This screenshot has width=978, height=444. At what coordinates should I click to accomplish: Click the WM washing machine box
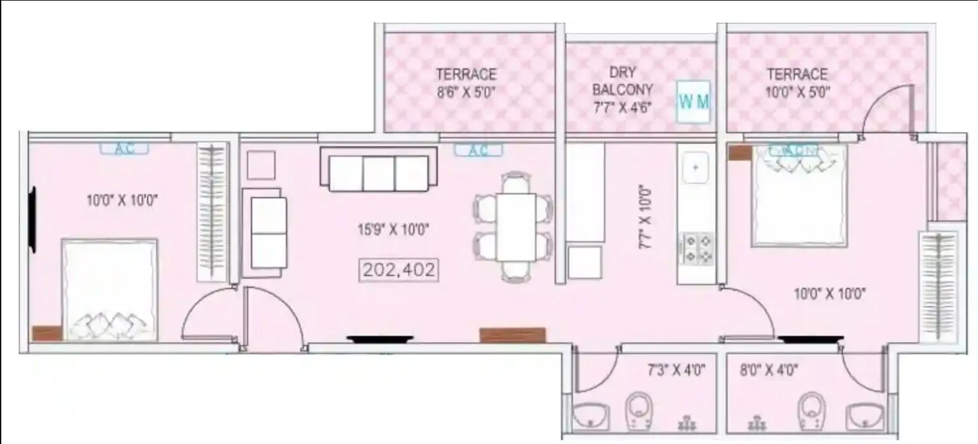tap(693, 101)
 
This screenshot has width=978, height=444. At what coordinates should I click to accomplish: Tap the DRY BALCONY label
tap(622, 81)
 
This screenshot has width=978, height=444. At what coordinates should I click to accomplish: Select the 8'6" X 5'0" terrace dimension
tap(465, 91)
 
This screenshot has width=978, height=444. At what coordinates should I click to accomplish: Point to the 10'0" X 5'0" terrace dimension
tap(797, 91)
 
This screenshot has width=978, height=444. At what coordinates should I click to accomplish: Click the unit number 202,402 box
tap(399, 269)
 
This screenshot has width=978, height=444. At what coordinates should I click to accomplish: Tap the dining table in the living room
tap(515, 226)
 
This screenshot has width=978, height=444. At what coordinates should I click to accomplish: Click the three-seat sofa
tap(378, 170)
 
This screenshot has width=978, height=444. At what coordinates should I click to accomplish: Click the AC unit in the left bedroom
tap(124, 148)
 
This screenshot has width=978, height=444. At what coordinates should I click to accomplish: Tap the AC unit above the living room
tap(478, 150)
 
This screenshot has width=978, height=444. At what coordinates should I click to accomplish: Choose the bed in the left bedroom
tap(110, 290)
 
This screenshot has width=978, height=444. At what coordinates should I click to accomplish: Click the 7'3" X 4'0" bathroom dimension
tap(676, 368)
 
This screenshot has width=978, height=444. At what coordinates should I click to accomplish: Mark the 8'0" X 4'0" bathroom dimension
tap(769, 368)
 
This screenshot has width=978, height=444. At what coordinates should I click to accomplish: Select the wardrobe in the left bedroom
tap(212, 212)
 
